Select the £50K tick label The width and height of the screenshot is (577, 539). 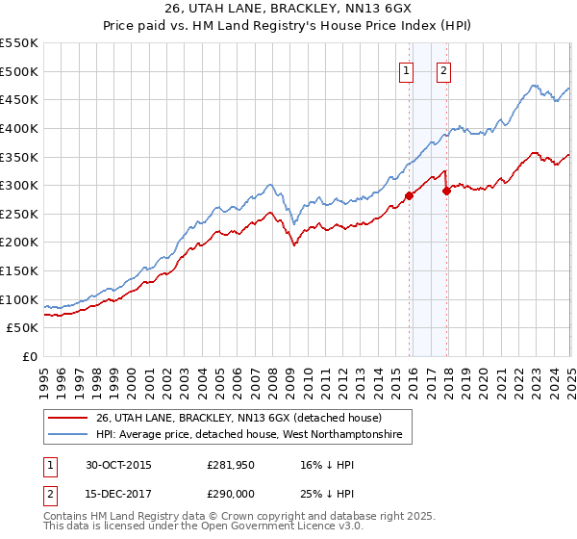[22, 328]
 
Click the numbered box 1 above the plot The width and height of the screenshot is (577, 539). [407, 70]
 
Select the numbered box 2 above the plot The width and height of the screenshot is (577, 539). [443, 70]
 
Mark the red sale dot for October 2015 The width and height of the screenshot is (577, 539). [410, 195]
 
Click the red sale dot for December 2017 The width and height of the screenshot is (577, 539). [446, 191]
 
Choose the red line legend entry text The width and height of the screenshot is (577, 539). [231, 418]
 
